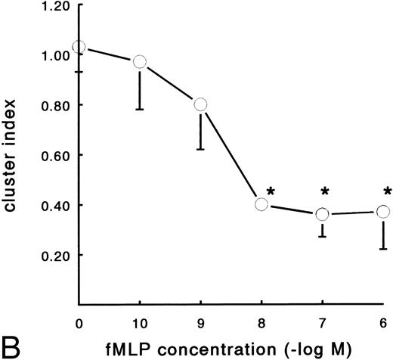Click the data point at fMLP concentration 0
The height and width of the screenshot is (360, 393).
(79, 47)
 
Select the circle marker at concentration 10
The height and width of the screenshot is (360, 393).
(139, 61)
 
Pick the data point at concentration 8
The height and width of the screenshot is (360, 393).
(261, 204)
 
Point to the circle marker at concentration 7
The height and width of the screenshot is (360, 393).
(323, 215)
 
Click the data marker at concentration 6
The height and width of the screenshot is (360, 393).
(383, 212)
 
